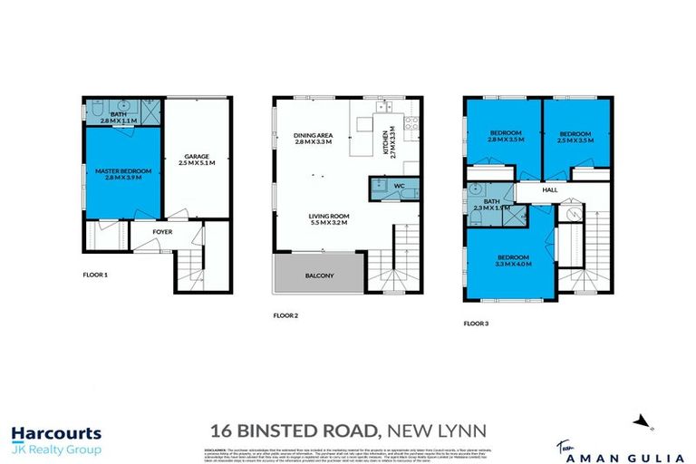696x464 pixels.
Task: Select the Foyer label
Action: (162, 232)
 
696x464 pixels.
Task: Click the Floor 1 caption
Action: (92, 273)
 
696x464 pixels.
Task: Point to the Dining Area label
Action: (311, 139)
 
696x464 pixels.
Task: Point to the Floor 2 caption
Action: (286, 316)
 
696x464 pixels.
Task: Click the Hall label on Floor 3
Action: (550, 190)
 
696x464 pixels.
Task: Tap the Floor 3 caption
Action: (476, 322)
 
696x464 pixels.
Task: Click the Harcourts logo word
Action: (56, 434)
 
